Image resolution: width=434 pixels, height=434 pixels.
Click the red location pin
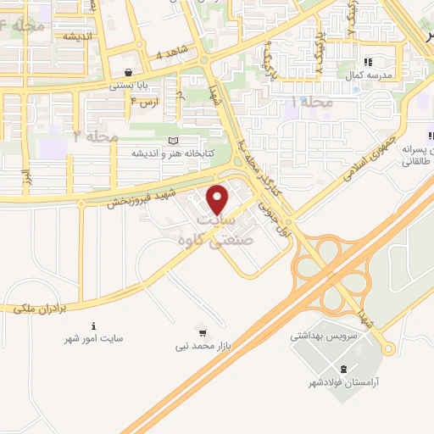tap(219, 199)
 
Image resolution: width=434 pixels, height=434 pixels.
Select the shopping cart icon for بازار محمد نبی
tap(202, 330)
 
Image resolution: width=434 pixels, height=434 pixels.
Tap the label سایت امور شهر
tap(94, 338)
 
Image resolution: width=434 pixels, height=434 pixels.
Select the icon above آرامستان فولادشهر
tap(342, 369)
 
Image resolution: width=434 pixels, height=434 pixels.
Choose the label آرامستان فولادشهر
tap(342, 383)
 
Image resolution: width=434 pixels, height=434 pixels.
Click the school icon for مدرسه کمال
tap(368, 62)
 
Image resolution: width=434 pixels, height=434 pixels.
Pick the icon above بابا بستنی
tap(127, 73)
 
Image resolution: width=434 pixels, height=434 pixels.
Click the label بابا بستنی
tap(127, 86)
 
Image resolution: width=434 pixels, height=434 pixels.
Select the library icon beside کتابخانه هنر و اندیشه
tap(173, 141)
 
